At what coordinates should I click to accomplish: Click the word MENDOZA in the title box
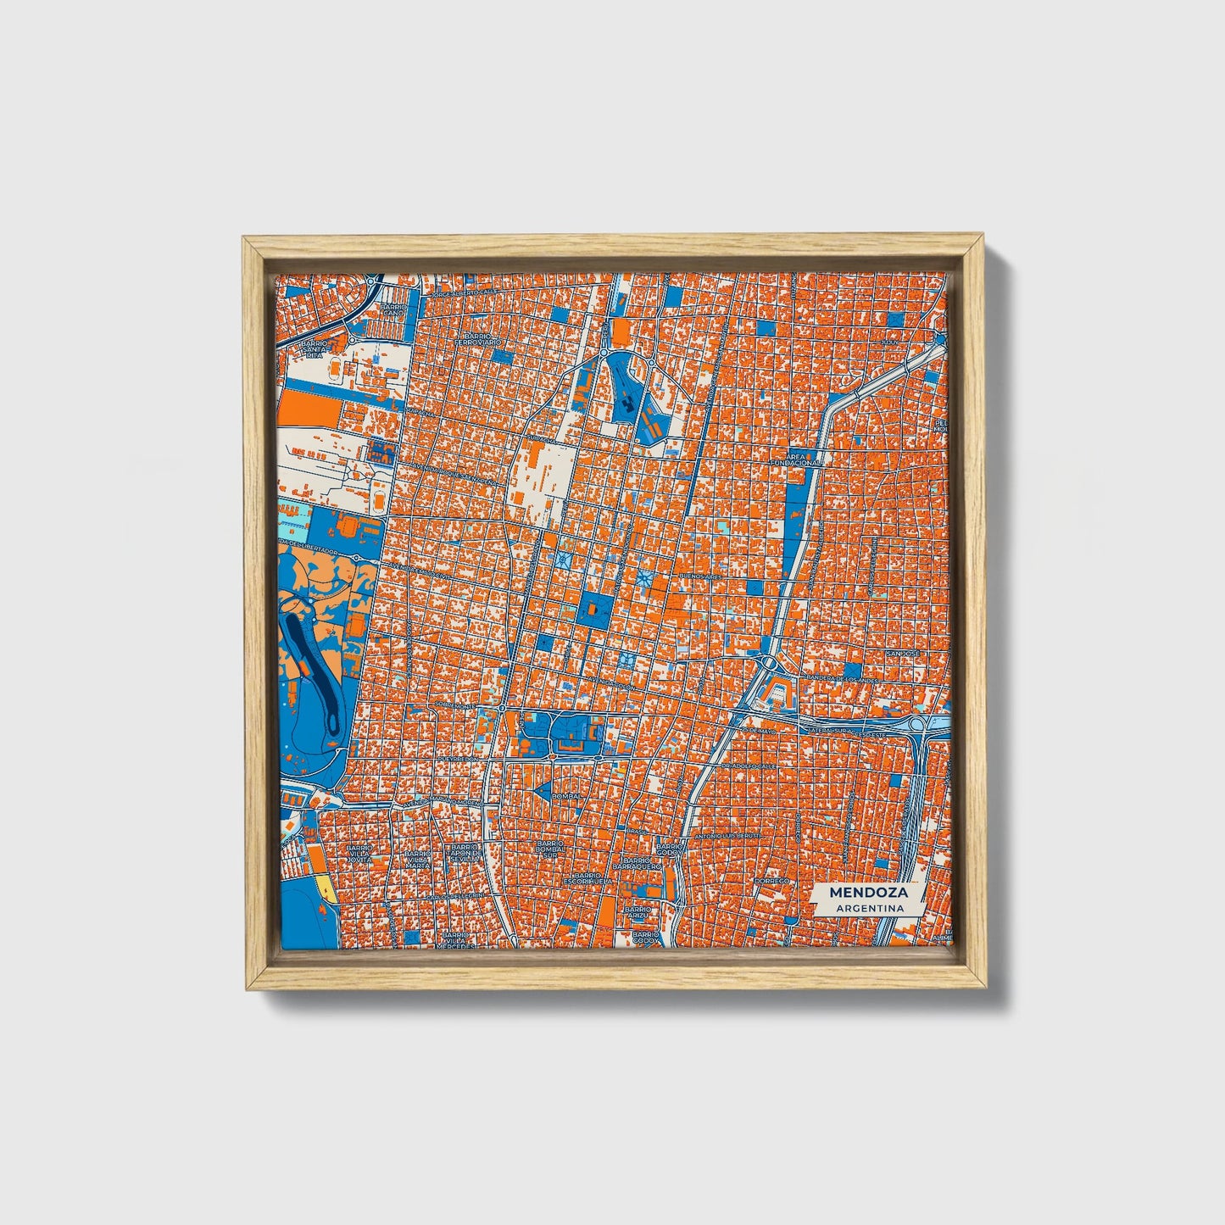(868, 892)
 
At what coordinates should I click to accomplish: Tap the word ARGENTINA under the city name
(868, 908)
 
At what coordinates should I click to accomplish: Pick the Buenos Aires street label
(700, 575)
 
